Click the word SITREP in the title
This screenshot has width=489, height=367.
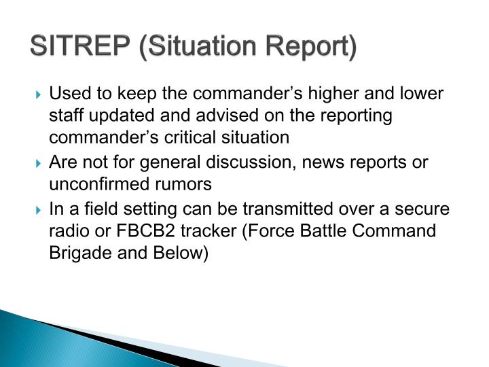pos(80,48)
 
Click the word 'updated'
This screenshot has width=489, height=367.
pos(126,115)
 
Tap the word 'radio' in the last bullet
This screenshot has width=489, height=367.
pos(67,230)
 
